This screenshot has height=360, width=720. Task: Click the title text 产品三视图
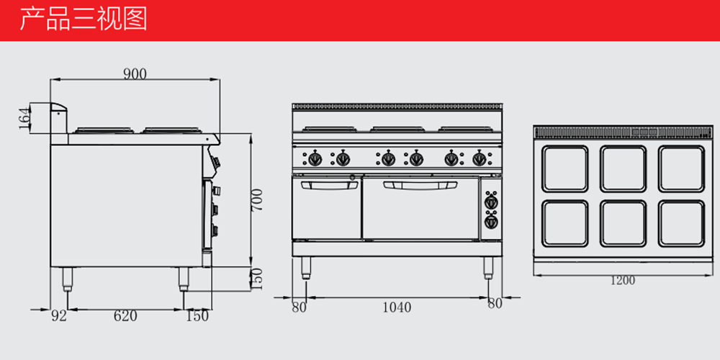point(83,19)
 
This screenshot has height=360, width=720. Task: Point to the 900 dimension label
point(135,74)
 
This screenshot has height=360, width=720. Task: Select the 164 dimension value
point(24,118)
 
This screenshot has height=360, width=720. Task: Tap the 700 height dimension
point(257,199)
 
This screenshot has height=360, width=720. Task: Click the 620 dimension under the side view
point(125,316)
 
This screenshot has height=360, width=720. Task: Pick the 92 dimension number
point(59,316)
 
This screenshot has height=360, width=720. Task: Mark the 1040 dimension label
point(397,307)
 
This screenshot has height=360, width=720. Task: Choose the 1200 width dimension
point(623,280)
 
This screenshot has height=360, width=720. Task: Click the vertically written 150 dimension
point(257,279)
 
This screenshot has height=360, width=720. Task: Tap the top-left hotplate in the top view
point(564,168)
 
